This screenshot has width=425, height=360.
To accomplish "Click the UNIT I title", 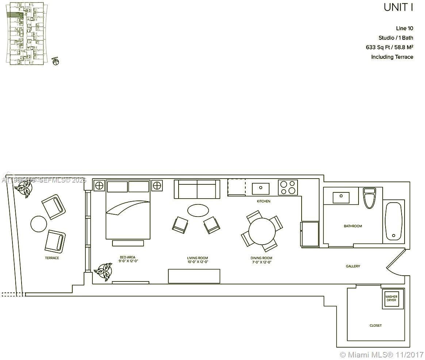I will pyautogui.click(x=398, y=8).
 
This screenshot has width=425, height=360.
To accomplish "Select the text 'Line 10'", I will pyautogui.click(x=405, y=28).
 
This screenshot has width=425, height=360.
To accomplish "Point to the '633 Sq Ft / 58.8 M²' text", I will pyautogui.click(x=389, y=47).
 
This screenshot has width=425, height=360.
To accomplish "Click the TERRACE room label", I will pyautogui.click(x=52, y=258).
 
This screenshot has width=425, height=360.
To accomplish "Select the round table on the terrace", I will pyautogui.click(x=39, y=224).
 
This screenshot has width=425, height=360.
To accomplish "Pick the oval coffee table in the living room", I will pyautogui.click(x=198, y=210).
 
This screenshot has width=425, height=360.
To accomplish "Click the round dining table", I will pyautogui.click(x=262, y=230).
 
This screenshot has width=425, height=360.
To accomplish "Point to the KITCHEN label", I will pyautogui.click(x=263, y=201).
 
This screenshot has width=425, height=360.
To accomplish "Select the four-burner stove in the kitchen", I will pyautogui.click(x=288, y=188).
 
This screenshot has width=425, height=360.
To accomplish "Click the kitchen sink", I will pyautogui.click(x=261, y=188).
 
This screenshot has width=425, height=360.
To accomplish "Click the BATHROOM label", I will pyautogui.click(x=353, y=226).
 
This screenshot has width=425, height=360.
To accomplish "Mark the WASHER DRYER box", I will pyautogui.click(x=391, y=299).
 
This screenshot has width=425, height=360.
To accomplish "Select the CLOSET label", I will pyautogui.click(x=375, y=325).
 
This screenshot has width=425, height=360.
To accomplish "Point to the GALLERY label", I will pyautogui.click(x=353, y=266).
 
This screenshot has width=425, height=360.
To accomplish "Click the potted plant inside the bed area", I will pyautogui.click(x=104, y=271).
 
